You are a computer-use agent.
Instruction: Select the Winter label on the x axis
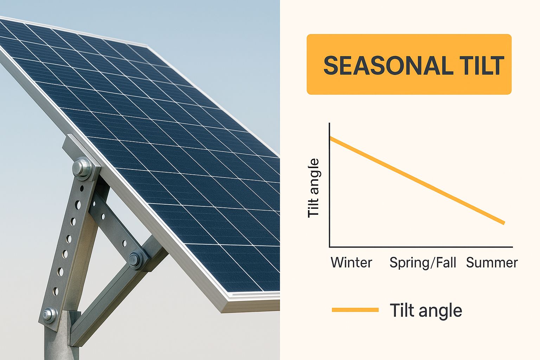(351, 263)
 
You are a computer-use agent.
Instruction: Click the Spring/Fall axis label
(423, 263)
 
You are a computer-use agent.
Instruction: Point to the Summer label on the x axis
(492, 263)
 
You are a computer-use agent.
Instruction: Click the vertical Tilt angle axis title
(313, 188)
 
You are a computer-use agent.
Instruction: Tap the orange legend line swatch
(355, 310)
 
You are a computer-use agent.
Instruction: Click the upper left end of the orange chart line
(331, 139)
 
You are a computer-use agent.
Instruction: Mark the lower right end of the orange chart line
(503, 223)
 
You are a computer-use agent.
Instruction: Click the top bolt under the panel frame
(82, 167)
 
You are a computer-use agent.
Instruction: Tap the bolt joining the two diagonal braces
(135, 259)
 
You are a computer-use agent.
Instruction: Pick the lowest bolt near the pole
(49, 314)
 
